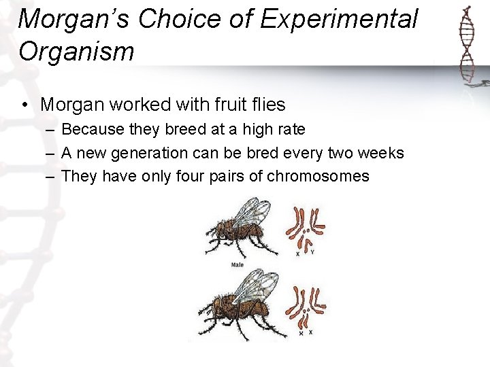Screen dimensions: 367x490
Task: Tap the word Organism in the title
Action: point(77,52)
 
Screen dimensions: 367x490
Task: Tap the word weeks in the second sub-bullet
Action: point(382,153)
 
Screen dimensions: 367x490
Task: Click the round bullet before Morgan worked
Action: point(24,105)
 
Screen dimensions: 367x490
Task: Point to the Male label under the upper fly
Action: point(238,264)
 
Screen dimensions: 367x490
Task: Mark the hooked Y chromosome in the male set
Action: point(308,241)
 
